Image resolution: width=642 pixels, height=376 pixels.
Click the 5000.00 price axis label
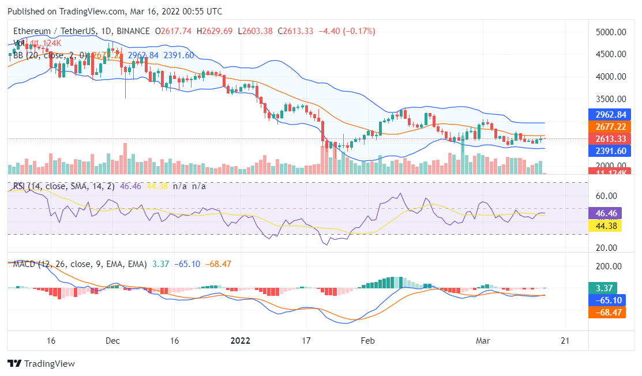click(611, 32)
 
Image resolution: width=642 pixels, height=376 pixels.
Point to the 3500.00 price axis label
click(611, 99)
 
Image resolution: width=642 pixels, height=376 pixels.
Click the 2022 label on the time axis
click(241, 340)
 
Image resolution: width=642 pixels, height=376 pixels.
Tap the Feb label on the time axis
click(367, 340)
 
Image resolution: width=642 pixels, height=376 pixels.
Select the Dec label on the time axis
click(112, 340)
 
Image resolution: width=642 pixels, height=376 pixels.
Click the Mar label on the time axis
click(483, 340)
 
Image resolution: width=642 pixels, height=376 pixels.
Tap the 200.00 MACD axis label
click(611, 266)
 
